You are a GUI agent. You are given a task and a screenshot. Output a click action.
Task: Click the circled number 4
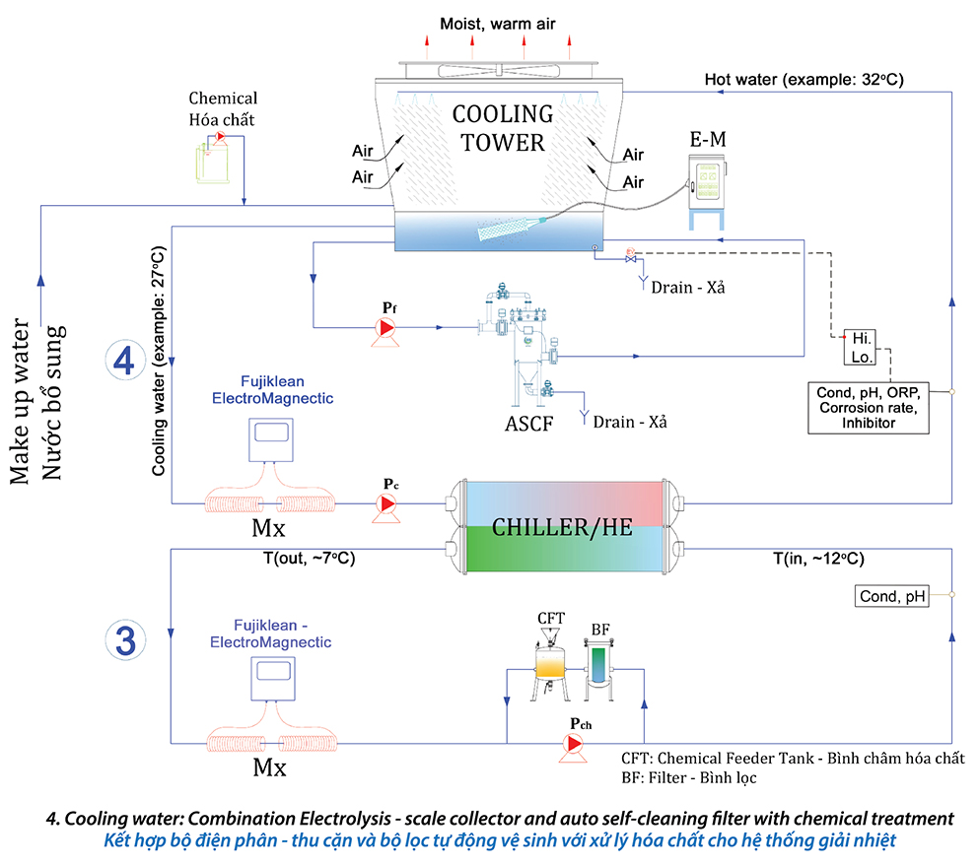pyautogui.click(x=124, y=361)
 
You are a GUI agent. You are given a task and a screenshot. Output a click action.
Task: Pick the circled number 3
pyautogui.click(x=125, y=639)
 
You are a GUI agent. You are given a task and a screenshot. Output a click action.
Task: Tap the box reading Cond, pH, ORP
pyautogui.click(x=865, y=407)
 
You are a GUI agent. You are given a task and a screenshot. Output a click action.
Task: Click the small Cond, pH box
pyautogui.click(x=892, y=595)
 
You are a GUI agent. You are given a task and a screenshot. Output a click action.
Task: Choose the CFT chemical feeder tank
pyautogui.click(x=551, y=662)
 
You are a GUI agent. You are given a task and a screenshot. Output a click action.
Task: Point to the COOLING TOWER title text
pyautogui.click(x=498, y=129)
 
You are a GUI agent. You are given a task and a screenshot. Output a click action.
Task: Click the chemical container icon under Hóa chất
pyautogui.click(x=212, y=157)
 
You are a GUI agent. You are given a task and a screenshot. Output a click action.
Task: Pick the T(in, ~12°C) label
pyautogui.click(x=818, y=559)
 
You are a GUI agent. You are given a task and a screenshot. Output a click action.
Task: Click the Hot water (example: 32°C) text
pyautogui.click(x=805, y=78)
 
